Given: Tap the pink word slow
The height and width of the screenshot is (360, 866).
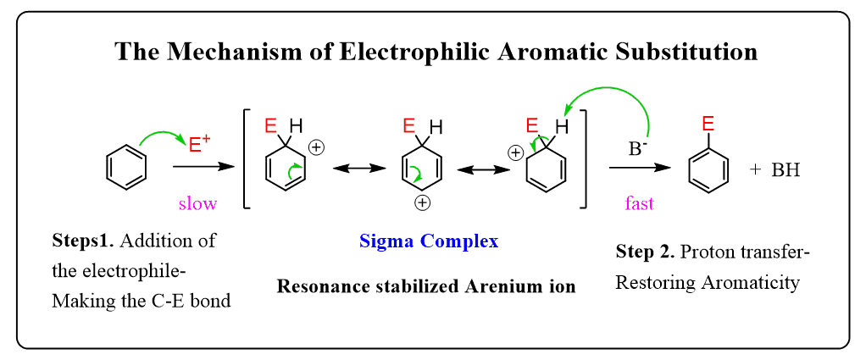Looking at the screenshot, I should pyautogui.click(x=197, y=203).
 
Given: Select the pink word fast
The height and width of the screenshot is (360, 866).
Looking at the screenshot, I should pyautogui.click(x=639, y=203).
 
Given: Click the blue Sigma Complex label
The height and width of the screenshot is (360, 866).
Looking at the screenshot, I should pyautogui.click(x=429, y=241).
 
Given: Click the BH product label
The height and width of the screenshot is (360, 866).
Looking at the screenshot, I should pyautogui.click(x=786, y=170).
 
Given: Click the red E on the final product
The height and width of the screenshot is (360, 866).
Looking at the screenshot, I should pyautogui.click(x=708, y=125).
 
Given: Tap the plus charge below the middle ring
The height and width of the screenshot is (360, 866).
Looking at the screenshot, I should pyautogui.click(x=422, y=203).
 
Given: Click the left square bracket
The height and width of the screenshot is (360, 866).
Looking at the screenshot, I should pyautogui.click(x=247, y=158).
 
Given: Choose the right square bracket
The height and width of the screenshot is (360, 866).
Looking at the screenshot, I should pyautogui.click(x=583, y=158).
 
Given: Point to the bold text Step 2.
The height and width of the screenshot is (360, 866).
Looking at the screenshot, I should pyautogui.click(x=645, y=252).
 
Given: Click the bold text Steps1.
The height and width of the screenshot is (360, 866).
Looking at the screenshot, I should pyautogui.click(x=82, y=241).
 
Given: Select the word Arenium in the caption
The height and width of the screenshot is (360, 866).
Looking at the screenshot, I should pyautogui.click(x=480, y=286).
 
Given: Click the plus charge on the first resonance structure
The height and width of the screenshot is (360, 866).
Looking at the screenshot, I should pyautogui.click(x=316, y=147).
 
